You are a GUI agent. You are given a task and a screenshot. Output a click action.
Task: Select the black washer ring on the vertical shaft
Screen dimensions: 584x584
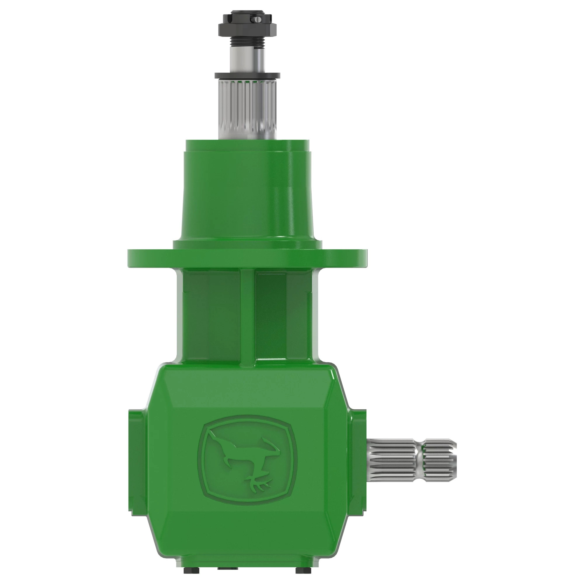(x=247, y=76)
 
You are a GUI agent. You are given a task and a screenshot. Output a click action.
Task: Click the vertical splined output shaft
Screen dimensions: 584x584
(x=247, y=109)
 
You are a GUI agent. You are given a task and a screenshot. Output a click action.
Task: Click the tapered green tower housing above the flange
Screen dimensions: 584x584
(x=247, y=194)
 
